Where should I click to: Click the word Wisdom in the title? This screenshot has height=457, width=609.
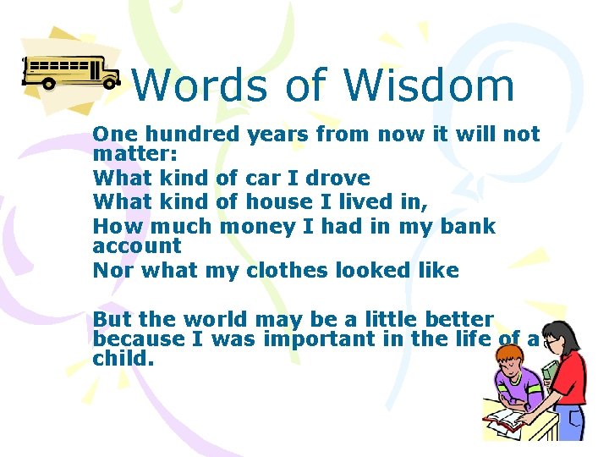(428, 85)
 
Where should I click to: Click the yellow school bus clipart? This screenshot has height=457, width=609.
(71, 72)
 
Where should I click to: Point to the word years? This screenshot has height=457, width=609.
(278, 134)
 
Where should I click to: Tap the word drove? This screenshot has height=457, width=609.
(337, 179)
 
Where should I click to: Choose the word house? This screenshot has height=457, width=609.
(277, 201)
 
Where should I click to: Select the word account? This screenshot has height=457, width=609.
(137, 246)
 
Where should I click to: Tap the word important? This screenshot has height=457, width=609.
(326, 339)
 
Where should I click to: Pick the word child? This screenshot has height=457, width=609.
(123, 358)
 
